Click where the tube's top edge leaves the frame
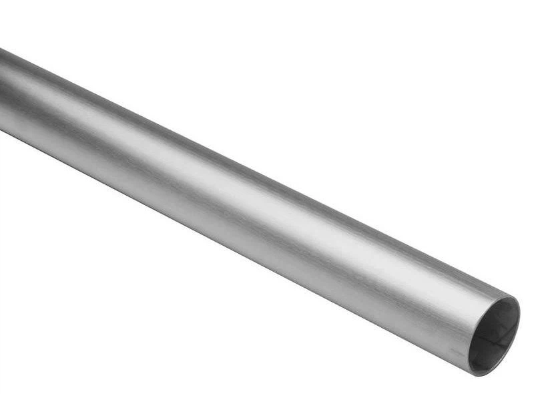coord(1,49)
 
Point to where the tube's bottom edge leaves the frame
coord(1,131)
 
